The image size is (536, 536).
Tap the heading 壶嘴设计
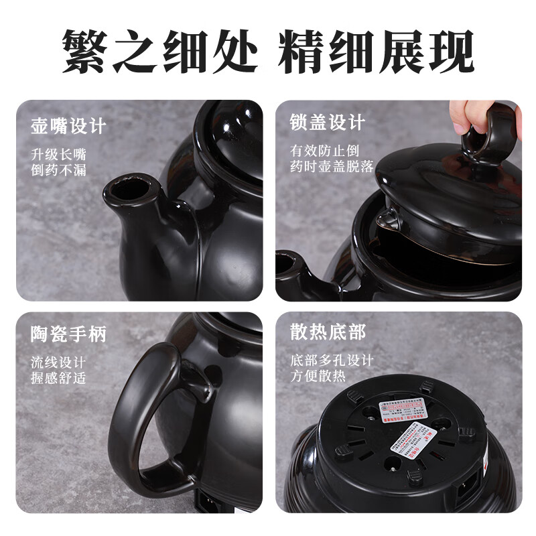click(68, 127)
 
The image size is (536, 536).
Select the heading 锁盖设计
click(327, 123)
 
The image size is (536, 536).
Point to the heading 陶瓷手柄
click(68, 334)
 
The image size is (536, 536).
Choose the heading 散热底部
click(328, 332)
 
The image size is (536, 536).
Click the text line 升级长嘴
click(58, 153)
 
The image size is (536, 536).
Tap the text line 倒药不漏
click(58, 170)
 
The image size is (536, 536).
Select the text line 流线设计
click(58, 362)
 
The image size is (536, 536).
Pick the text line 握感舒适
click(58, 378)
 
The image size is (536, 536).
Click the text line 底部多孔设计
click(332, 360)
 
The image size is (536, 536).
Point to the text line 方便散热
click(318, 376)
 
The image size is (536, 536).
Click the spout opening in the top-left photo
click(131, 188)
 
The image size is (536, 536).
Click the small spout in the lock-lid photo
click(289, 265)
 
